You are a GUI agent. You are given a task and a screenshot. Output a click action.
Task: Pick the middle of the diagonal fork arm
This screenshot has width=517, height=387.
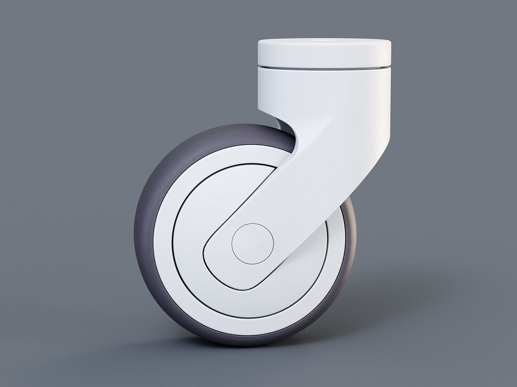(x=310, y=168)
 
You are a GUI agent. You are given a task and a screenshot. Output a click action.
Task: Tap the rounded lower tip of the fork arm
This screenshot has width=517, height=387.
(x=213, y=255)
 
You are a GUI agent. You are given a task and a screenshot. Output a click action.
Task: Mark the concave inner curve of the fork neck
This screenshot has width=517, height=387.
(x=292, y=135)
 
